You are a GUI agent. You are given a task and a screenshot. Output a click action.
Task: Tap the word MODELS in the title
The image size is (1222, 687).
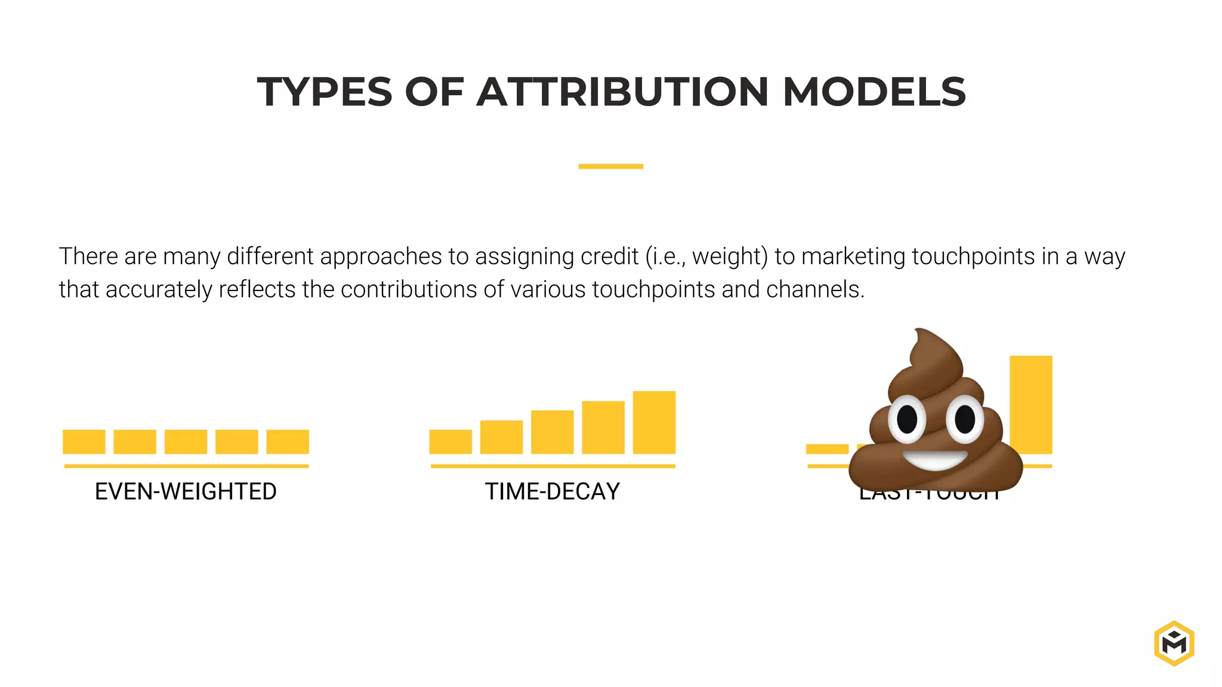click(874, 92)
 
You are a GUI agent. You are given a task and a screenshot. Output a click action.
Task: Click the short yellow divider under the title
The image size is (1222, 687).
click(610, 166)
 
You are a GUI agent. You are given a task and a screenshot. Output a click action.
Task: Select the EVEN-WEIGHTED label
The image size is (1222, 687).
click(186, 491)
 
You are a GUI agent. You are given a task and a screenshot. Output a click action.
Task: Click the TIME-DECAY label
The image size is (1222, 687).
click(552, 491)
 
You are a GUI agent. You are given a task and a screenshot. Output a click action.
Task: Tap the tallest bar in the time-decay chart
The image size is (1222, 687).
click(654, 422)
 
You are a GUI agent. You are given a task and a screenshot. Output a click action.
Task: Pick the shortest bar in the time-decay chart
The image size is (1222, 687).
click(450, 441)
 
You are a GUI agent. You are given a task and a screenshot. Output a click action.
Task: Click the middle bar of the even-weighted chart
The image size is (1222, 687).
click(186, 441)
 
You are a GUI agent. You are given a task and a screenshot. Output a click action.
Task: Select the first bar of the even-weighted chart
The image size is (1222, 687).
click(84, 441)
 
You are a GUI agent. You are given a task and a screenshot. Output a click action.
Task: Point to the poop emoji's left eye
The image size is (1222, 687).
click(907, 419)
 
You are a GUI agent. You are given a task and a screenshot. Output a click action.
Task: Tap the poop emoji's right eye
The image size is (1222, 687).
click(965, 419)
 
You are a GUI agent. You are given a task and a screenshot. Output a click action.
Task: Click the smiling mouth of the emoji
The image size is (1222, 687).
click(935, 460)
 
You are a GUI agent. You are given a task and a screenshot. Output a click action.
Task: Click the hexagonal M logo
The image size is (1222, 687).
click(1174, 643)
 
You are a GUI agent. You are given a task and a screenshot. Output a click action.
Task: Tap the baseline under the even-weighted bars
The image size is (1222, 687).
click(186, 466)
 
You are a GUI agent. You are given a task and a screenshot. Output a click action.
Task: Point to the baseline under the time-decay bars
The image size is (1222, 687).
click(553, 466)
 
